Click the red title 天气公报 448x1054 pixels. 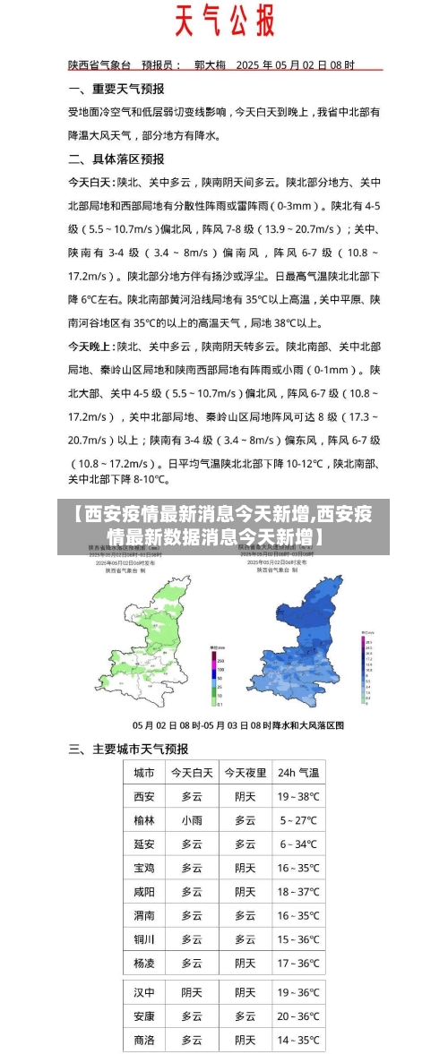[x=224, y=21]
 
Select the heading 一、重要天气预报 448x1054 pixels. [x=116, y=89]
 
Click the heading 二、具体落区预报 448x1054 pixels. [x=116, y=159]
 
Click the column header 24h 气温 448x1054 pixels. [x=298, y=773]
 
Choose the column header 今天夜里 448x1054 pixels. [x=245, y=773]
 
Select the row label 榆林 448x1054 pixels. [x=144, y=819]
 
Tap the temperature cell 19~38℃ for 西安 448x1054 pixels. [x=298, y=796]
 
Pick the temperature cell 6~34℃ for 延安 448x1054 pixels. [x=298, y=844]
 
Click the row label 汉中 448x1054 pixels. [x=144, y=992]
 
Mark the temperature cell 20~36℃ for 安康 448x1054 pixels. [x=298, y=1016]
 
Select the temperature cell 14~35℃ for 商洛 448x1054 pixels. [x=298, y=1040]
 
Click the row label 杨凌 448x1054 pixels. [x=144, y=964]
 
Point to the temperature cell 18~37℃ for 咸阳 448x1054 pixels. [x=298, y=892]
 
